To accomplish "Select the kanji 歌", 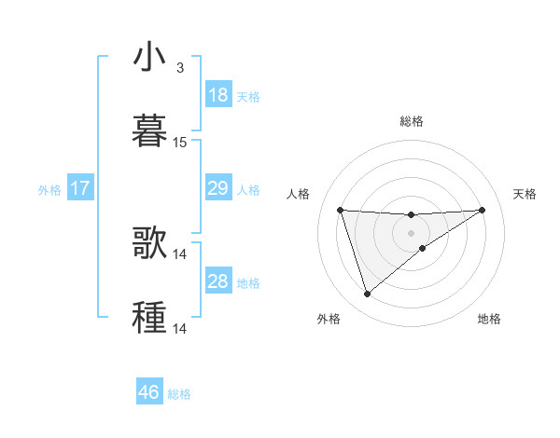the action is click(x=150, y=243).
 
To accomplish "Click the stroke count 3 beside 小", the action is click(x=180, y=68).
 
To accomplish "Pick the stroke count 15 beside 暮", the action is click(x=180, y=143).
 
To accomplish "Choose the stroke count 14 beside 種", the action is click(x=180, y=329).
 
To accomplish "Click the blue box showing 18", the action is click(x=217, y=95).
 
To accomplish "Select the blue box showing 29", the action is click(x=217, y=188).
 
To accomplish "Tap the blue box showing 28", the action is click(x=217, y=281).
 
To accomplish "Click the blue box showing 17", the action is click(x=79, y=188).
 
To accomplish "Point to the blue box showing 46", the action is click(x=148, y=392).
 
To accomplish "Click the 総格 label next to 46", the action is click(x=179, y=394).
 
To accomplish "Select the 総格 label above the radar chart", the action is click(x=411, y=121).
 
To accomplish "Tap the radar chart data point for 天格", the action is click(x=482, y=210).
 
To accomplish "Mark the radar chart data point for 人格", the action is click(x=341, y=210).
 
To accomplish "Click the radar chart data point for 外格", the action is click(x=367, y=294).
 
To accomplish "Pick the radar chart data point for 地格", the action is click(x=423, y=248).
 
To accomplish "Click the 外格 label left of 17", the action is click(x=49, y=190).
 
